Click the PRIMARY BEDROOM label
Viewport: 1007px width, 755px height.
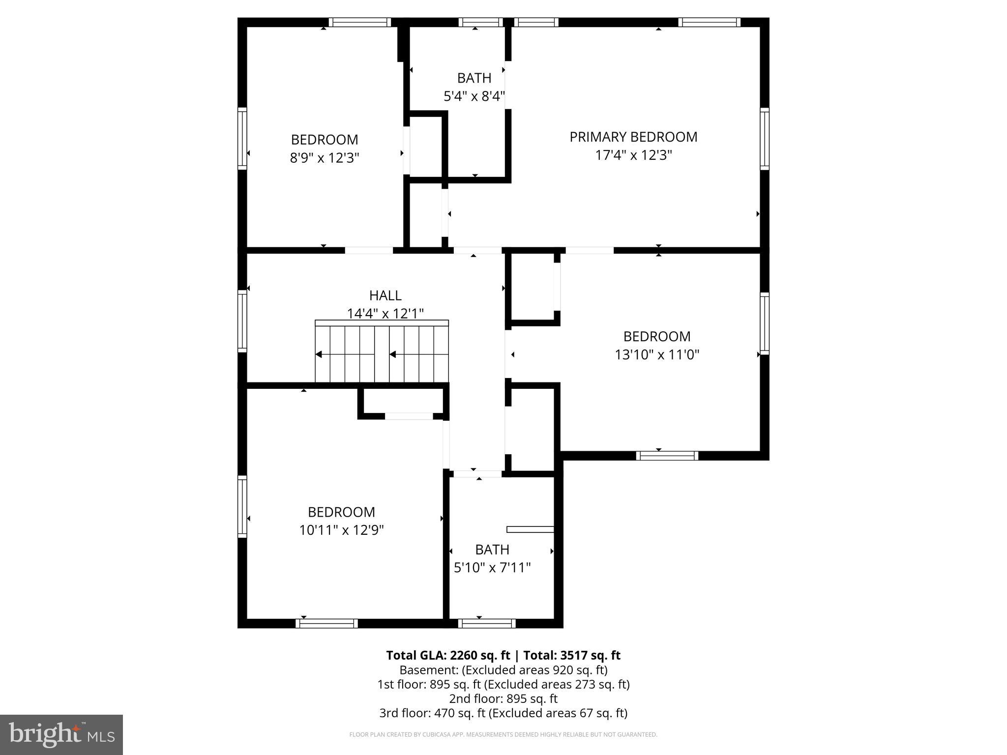633,137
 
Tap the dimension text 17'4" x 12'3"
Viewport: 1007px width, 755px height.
633,155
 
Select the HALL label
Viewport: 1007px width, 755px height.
385,295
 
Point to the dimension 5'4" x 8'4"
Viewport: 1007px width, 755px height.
474,96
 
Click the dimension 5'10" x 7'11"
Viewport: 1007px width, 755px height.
492,568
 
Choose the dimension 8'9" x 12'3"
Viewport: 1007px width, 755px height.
325,158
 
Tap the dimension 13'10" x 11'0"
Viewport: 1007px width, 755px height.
657,354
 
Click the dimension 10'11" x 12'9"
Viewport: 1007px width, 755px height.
341,530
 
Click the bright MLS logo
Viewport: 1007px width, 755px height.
61,734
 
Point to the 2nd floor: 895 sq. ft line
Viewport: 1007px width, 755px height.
503,698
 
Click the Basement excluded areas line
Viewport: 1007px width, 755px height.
503,670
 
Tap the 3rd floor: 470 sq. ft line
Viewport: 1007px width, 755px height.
503,713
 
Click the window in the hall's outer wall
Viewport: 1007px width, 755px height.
242,321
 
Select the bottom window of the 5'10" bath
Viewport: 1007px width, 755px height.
487,623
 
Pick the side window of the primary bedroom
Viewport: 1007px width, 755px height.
764,139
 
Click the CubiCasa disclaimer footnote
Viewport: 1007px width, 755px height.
503,734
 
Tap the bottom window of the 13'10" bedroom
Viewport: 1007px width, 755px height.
667,456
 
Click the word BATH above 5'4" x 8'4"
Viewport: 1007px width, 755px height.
474,78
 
